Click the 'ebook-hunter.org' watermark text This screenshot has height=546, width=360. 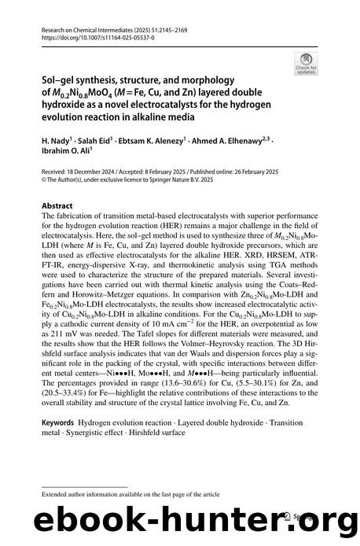(180, 516)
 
